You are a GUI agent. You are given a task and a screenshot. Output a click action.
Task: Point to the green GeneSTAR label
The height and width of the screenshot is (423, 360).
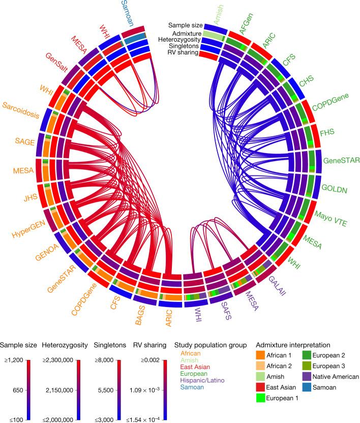tap(340, 161)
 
